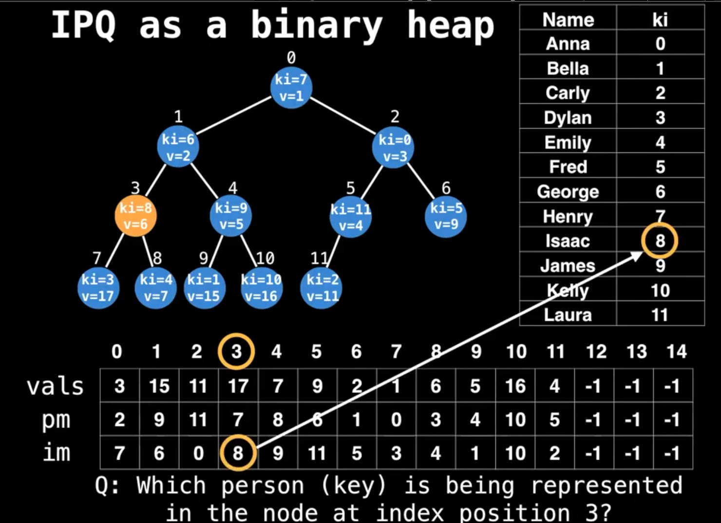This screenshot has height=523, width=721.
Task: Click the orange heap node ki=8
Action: coord(135,216)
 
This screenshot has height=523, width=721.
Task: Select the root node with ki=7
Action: coord(291,88)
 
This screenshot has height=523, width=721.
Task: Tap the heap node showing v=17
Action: coord(98,288)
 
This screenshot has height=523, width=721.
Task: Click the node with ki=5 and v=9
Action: coord(446,216)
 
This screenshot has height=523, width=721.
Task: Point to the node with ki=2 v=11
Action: coord(322,288)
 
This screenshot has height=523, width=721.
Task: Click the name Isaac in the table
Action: coord(568,241)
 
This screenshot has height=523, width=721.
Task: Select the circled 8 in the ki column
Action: coord(660,241)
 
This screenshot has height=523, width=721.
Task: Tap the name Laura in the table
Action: coord(568,315)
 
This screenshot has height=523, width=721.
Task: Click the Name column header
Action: coord(568,20)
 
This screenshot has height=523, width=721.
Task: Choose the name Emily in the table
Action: coord(568,143)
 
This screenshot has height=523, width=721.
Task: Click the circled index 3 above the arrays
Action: coord(236,351)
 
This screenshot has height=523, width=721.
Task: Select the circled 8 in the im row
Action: coord(238,453)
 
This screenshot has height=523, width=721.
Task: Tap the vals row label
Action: coord(55,386)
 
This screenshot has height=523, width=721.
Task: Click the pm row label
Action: coord(56,420)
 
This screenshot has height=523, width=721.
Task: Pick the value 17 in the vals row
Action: coord(238,386)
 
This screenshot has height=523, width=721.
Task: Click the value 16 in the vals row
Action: coord(515,386)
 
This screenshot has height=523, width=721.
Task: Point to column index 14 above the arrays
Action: coord(676,352)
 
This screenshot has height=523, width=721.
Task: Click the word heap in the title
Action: coord(451,25)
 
